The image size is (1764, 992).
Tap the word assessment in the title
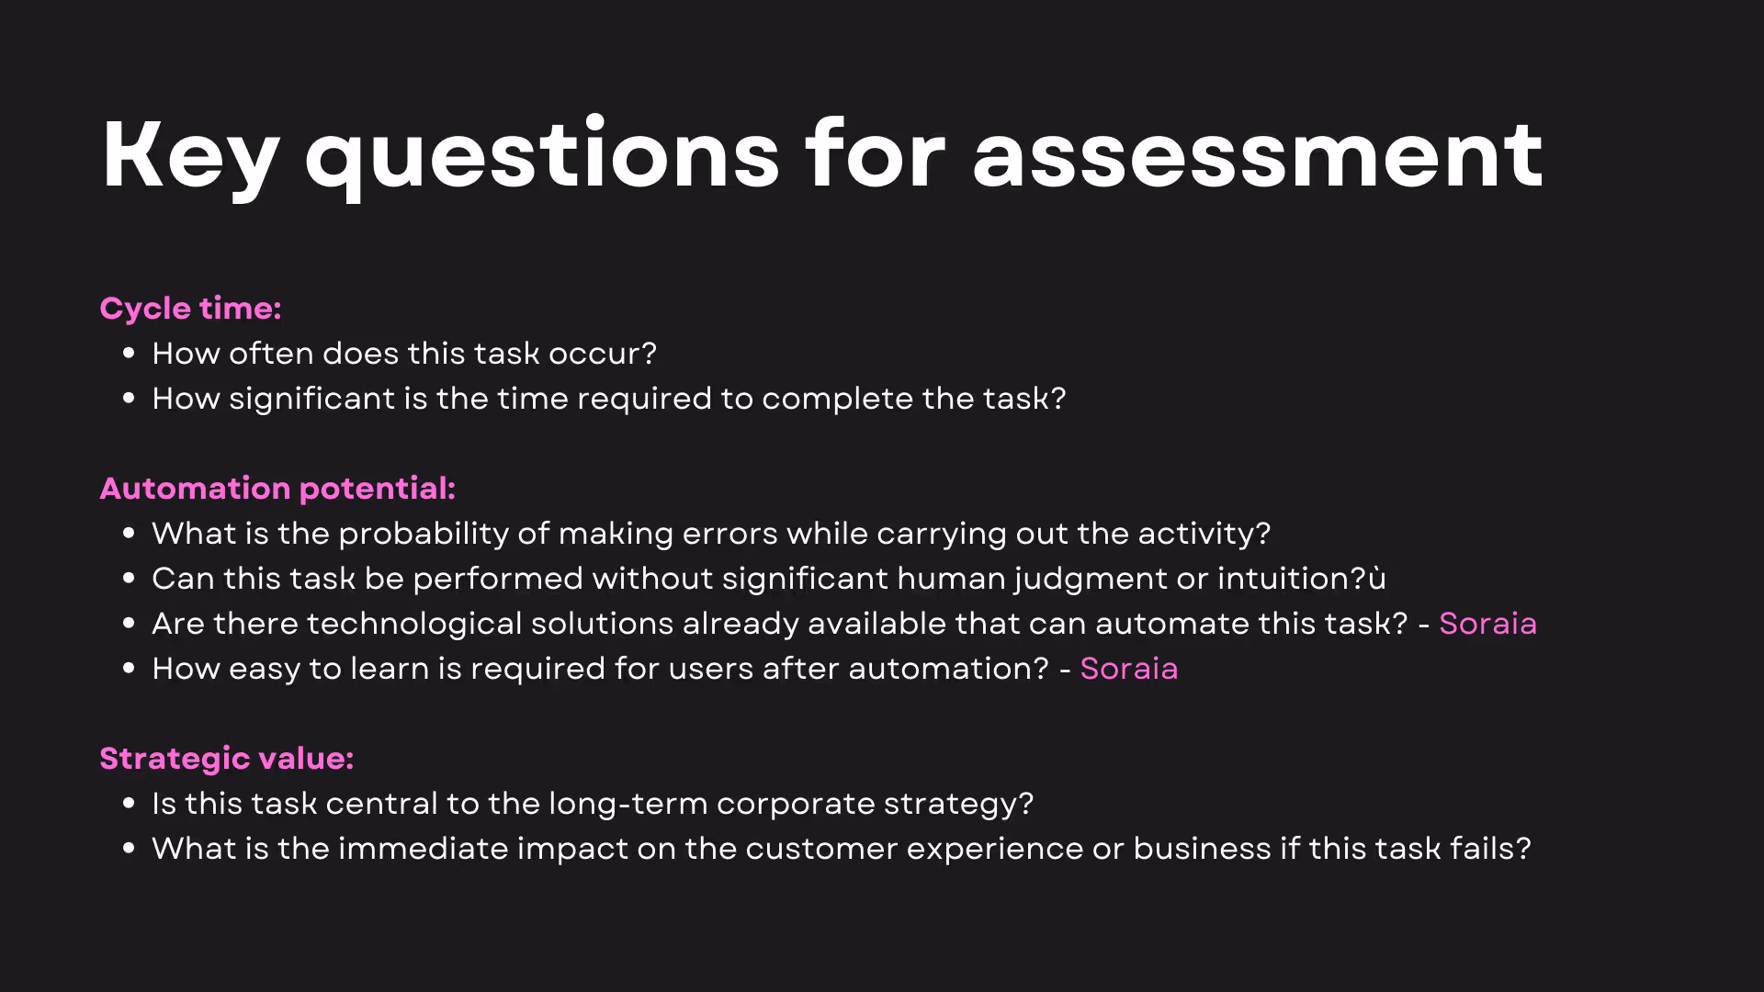[x=1258, y=156]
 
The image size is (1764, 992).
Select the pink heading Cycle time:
[x=190, y=309]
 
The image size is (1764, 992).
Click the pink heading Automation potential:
[x=277, y=489]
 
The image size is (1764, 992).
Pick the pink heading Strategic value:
[x=226, y=759]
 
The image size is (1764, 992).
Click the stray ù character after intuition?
[x=1377, y=579]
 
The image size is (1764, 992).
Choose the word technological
[x=414, y=624]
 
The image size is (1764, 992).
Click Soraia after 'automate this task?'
[x=1487, y=624]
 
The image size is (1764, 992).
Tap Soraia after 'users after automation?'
[x=1128, y=669]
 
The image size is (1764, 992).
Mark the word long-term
[x=628, y=804]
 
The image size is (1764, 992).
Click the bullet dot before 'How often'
[x=129, y=353]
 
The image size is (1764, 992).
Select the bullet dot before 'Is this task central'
[x=129, y=803]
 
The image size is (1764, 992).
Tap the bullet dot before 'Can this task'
[x=129, y=578]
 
